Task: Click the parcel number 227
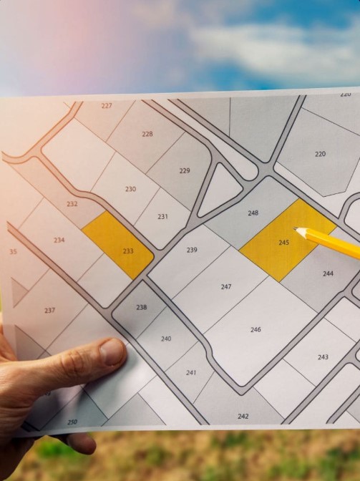[x=107, y=105]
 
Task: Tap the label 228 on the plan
[x=147, y=134]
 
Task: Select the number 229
[x=185, y=170]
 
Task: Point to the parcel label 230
[x=130, y=189]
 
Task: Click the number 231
[x=163, y=216]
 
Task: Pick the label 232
[x=72, y=204]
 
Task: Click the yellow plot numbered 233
[x=128, y=251]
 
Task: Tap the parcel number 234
[x=59, y=240]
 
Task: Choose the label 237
[x=49, y=311]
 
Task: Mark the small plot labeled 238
[x=141, y=307]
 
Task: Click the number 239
[x=192, y=250]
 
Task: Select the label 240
[x=166, y=339]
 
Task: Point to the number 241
[x=191, y=373]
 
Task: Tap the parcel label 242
[x=243, y=416]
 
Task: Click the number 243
[x=323, y=357]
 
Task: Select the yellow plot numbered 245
[x=284, y=243]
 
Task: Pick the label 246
[x=256, y=329]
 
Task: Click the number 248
[x=253, y=213]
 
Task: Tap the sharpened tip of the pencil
[x=296, y=230]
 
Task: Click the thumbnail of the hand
[x=112, y=351]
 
